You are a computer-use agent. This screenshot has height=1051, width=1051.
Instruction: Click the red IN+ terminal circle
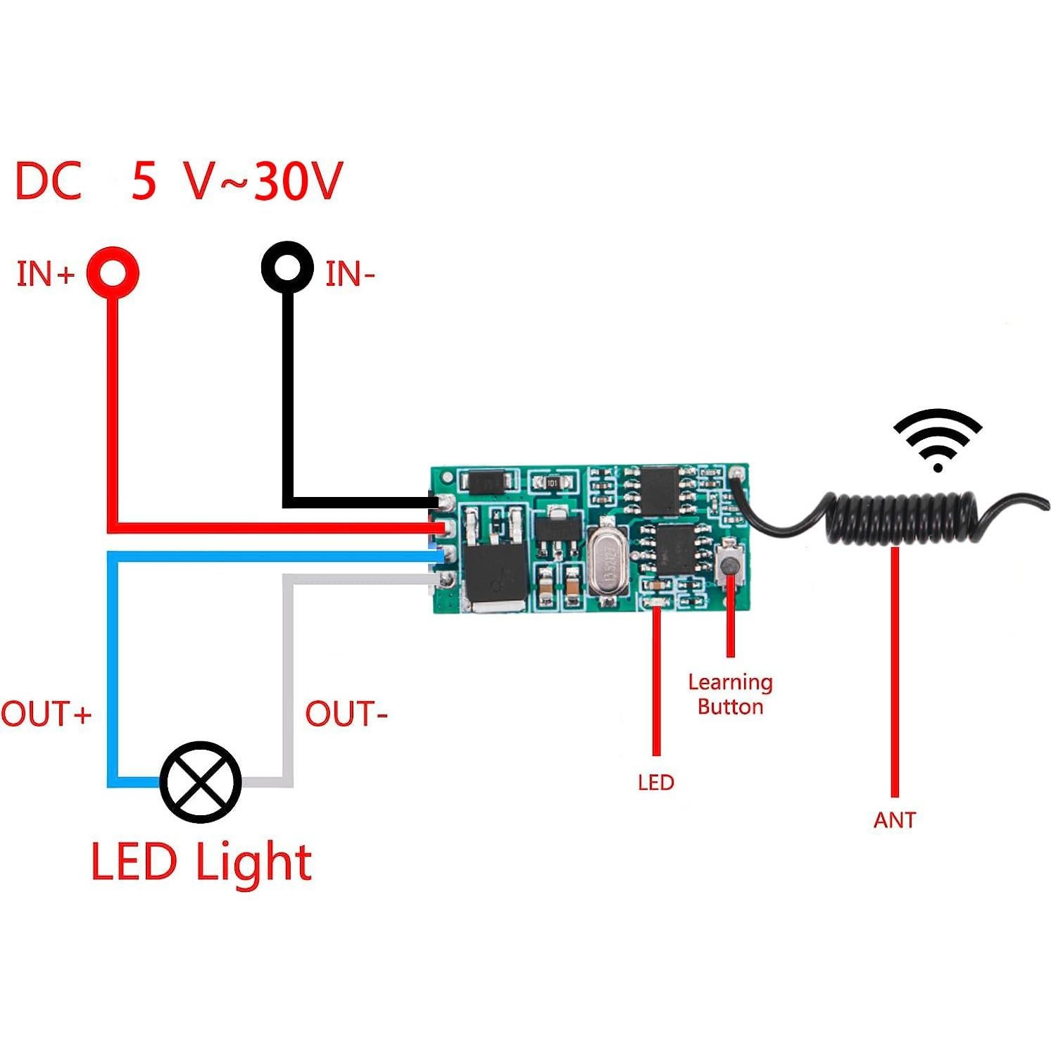[x=113, y=272]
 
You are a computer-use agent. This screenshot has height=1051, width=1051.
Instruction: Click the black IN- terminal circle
[x=287, y=267]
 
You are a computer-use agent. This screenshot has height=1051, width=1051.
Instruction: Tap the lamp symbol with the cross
[x=201, y=782]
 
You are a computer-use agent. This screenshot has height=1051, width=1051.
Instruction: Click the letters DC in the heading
[x=48, y=181]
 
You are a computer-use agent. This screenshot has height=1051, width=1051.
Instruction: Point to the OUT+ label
[x=46, y=714]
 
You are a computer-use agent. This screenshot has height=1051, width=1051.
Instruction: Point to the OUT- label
[x=346, y=714]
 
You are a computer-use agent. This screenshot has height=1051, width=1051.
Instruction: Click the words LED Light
[x=201, y=862]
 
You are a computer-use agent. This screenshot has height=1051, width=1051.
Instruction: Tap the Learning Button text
[x=730, y=694]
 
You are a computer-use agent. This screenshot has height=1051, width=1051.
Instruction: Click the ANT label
[x=894, y=820]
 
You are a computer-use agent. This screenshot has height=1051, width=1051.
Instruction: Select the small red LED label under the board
[x=655, y=782]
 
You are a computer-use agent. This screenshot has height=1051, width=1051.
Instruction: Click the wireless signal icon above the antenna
[x=938, y=441]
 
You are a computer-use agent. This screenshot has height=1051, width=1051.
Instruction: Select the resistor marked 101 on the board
[x=553, y=483]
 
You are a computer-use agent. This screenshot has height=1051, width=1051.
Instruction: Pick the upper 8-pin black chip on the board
[x=659, y=489]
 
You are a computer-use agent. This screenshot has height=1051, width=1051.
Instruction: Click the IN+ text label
[x=45, y=274]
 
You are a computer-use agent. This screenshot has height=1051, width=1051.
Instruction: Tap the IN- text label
[x=350, y=274]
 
